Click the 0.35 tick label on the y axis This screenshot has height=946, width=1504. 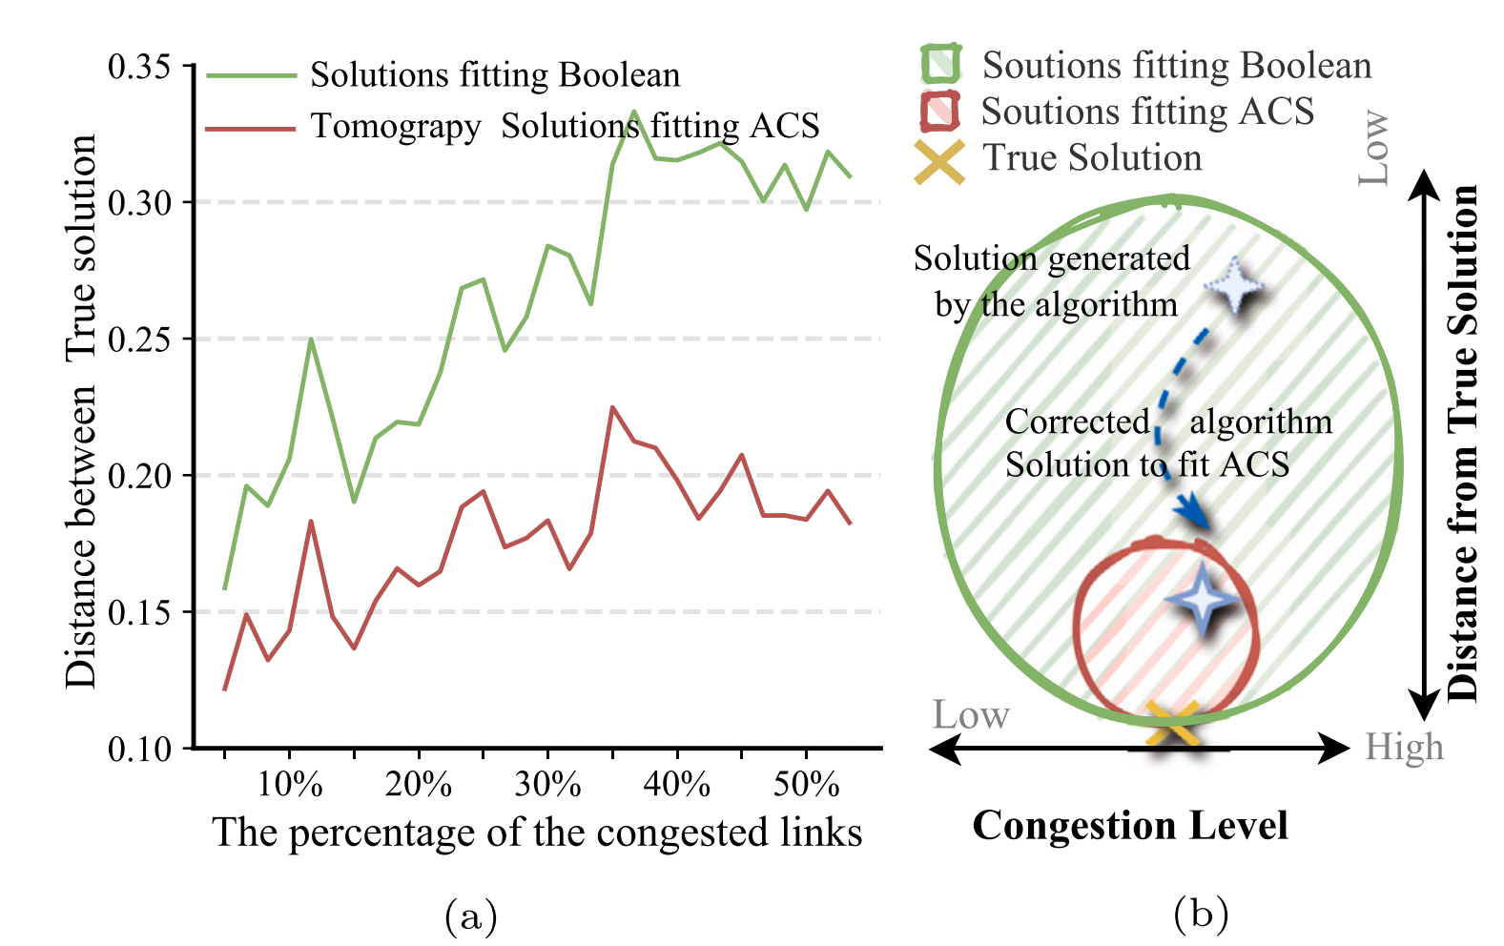[139, 68]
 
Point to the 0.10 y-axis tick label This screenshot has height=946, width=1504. [139, 750]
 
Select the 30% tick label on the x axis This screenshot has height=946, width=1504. [547, 785]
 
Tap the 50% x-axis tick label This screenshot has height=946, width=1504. [806, 785]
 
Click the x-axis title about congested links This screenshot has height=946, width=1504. [537, 833]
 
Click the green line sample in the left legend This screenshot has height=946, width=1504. [251, 75]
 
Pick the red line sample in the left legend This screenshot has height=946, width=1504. [251, 127]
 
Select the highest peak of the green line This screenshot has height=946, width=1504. [634, 112]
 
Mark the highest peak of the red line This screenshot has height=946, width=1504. [612, 407]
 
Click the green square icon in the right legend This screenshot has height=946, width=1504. [940, 65]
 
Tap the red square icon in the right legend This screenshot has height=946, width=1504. [939, 112]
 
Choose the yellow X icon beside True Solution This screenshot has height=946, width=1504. [939, 160]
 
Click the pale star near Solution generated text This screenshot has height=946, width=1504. [1236, 285]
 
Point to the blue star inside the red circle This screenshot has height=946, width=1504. [1203, 600]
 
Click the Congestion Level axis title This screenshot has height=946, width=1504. [1130, 826]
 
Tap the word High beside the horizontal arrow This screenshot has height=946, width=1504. [1404, 748]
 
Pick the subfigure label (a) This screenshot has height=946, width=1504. [471, 916]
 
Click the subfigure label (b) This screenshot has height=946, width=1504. [1201, 915]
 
